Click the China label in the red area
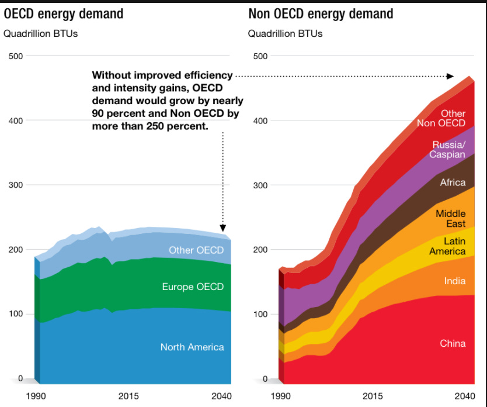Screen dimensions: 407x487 coord(453,343)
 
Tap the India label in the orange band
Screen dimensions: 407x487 coord(454,281)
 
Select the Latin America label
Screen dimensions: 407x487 coord(447,246)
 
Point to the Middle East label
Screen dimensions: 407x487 coord(450,219)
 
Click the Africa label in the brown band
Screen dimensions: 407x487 coord(453,182)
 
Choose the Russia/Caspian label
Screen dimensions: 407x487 coord(448,150)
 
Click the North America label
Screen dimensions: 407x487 coord(192,347)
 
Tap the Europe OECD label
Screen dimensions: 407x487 coord(193,287)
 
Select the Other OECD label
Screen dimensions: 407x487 coord(196,250)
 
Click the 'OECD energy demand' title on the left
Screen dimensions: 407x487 coord(64,13)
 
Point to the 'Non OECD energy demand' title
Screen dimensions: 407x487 coord(321,13)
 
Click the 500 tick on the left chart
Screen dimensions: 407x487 coord(15,56)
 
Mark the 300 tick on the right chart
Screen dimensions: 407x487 coord(260,185)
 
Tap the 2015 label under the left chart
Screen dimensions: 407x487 coord(128,396)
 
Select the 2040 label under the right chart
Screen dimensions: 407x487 coord(464,396)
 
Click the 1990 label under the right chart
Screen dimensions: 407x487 coord(281,396)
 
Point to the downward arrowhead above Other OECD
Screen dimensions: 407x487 coord(223,229)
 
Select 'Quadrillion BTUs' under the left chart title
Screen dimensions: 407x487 coord(41,33)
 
